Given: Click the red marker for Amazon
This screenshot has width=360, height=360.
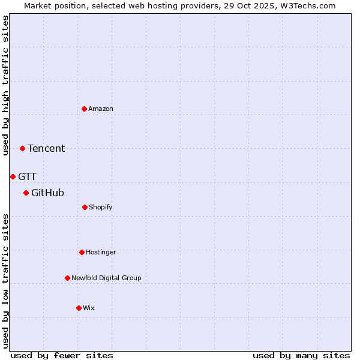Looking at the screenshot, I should pos(84,109).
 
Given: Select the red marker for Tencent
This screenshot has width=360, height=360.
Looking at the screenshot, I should pos(22,148).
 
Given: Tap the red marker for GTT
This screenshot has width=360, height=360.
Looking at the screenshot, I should pos(13,176).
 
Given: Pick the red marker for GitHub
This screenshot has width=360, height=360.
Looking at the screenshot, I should pos(26,193).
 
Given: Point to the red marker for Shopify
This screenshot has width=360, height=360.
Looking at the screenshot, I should pos(85,207).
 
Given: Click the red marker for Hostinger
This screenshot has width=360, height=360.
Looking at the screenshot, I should pos(82,252).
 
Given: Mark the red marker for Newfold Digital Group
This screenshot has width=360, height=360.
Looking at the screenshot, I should pos(67,278).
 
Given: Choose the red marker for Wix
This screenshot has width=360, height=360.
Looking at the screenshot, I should pos(79,308).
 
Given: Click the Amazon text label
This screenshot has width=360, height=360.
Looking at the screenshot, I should pos(101,109).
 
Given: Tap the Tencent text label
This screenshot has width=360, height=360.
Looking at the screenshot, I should pos(46,148).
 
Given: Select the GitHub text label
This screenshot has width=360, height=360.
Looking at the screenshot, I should pos(47,193).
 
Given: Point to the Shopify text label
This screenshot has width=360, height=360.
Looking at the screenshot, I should pos(101,207).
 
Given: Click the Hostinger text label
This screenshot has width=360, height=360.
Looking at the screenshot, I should pos(101,252).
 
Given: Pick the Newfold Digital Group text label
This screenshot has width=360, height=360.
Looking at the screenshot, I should pos(106,278).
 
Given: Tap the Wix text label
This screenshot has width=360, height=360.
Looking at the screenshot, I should pos(89,308).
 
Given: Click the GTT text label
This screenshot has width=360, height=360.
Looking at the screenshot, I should pos(27,176).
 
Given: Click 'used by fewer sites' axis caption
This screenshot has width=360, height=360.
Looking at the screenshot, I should pos(62,355).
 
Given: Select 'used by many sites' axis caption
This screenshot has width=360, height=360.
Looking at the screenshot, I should pos(301,355).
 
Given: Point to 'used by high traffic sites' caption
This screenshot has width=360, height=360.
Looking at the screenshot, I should pos(5,85).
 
